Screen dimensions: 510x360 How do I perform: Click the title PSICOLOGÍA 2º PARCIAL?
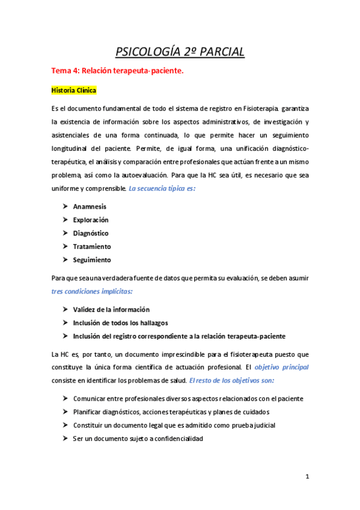(x=180, y=52)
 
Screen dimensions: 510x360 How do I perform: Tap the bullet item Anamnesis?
(x=90, y=206)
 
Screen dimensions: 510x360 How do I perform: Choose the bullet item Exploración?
(x=91, y=220)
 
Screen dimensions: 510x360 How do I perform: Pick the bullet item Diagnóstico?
(x=91, y=233)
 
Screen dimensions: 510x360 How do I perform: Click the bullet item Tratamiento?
(x=92, y=247)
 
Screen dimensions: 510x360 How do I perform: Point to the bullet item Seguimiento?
(x=92, y=260)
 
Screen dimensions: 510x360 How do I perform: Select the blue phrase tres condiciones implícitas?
(x=92, y=291)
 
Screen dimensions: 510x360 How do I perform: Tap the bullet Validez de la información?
(x=111, y=309)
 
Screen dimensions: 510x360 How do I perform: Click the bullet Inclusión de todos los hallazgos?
(x=121, y=322)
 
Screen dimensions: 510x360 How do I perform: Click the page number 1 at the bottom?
(x=307, y=477)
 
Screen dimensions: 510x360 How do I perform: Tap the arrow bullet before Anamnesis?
(x=64, y=206)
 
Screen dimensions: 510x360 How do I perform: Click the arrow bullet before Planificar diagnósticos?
(x=64, y=412)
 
